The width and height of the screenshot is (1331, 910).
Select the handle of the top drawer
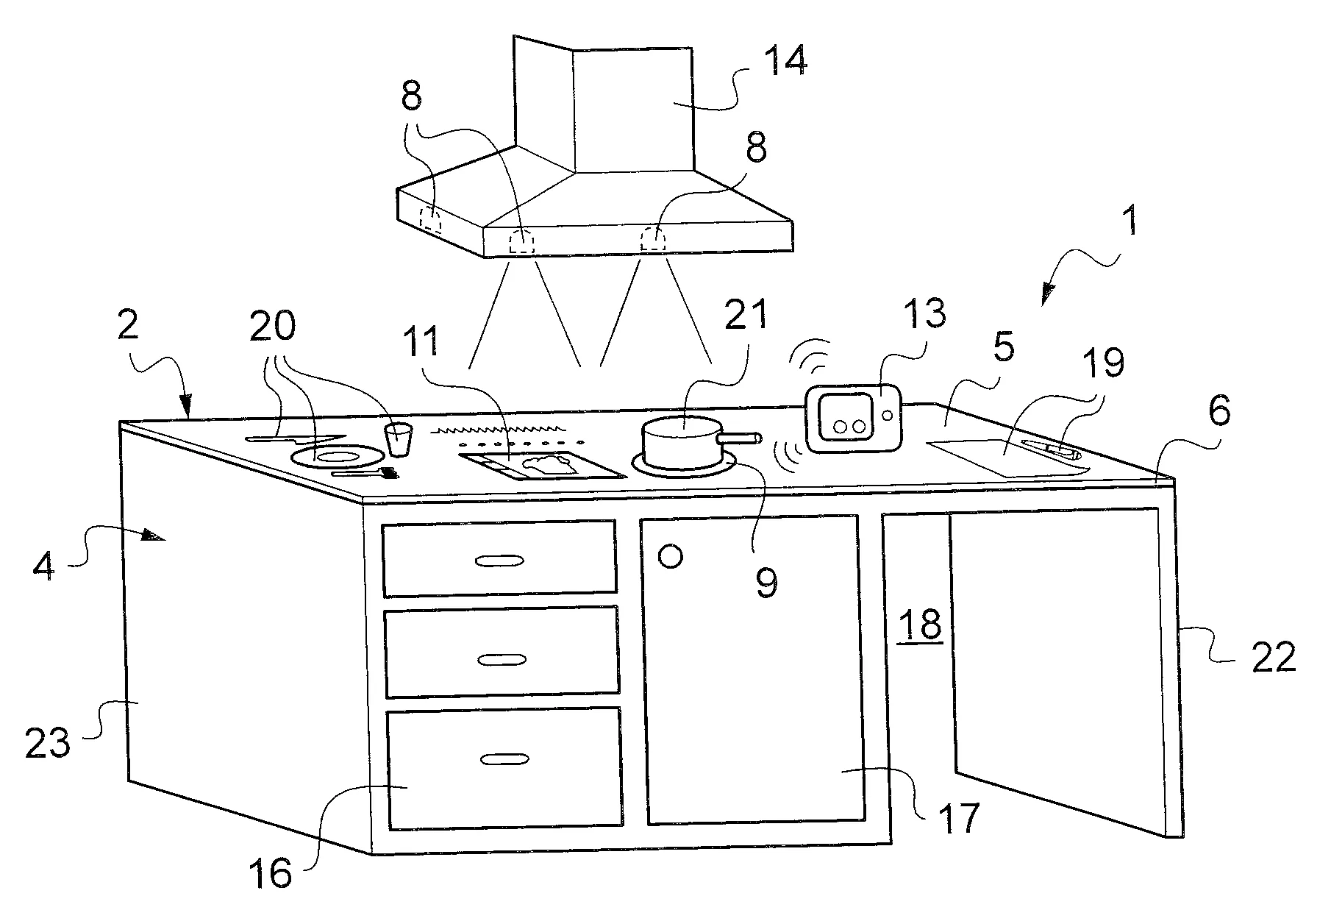pos(499,561)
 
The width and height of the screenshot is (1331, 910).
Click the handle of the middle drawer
pos(502,660)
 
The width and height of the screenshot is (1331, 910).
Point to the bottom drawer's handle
pos(504,758)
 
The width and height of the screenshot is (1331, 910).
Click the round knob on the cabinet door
pos(671,555)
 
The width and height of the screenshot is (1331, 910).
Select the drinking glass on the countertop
pos(398,440)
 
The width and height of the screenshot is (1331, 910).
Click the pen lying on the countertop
pos(1051,447)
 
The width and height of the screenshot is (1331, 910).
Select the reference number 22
pos(1274,657)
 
